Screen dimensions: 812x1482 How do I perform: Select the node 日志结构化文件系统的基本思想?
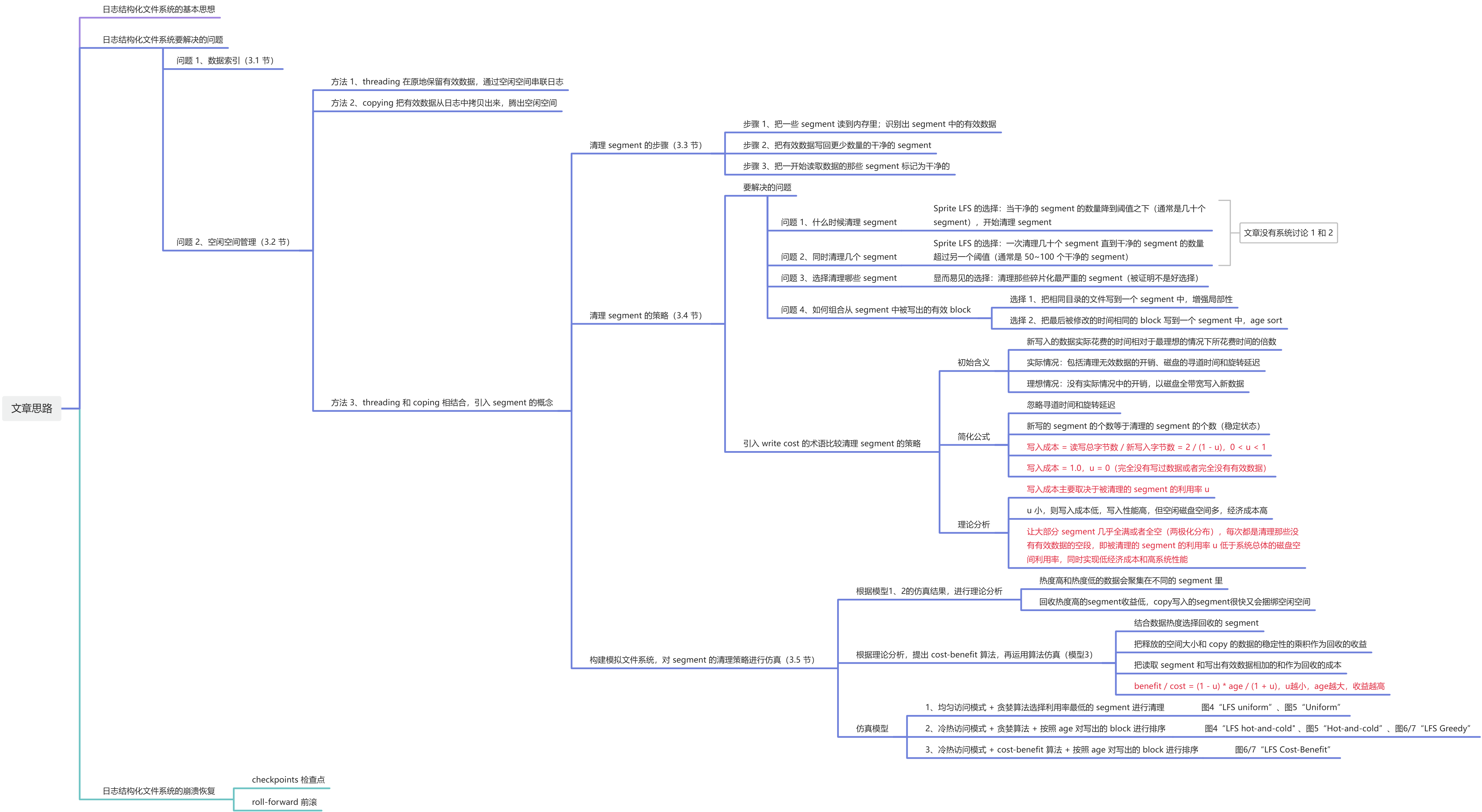(159, 9)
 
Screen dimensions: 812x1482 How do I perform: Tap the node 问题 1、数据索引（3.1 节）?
(225, 60)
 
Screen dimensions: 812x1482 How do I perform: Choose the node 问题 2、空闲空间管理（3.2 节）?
(233, 242)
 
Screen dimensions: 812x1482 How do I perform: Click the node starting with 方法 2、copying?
(443, 103)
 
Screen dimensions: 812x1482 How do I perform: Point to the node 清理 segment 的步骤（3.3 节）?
(645, 145)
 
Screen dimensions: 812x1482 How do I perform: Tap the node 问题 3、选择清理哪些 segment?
(838, 278)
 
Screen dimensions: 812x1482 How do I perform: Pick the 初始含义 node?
(973, 363)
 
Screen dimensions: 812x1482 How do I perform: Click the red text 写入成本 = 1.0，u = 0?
(1146, 468)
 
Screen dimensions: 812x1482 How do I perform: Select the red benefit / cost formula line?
(1259, 686)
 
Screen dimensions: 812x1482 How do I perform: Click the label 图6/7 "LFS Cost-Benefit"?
(1282, 749)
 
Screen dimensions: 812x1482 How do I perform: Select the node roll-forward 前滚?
(284, 802)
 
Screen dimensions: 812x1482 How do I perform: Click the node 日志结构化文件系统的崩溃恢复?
(159, 791)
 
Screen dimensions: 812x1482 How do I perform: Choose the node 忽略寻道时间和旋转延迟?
(1071, 404)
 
